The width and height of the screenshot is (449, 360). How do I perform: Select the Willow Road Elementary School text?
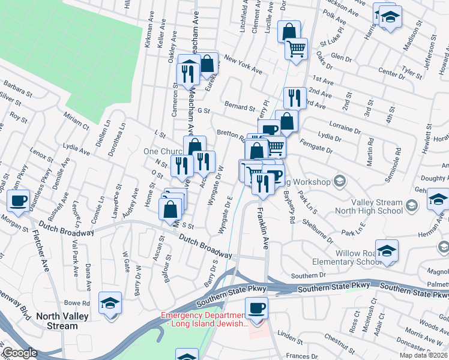(x=343, y=257)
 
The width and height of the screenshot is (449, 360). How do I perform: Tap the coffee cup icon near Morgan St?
(x=19, y=199)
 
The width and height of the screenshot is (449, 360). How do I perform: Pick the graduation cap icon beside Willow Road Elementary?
(x=387, y=251)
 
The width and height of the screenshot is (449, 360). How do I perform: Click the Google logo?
(x=20, y=353)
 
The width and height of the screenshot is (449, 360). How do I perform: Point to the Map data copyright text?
(x=424, y=355)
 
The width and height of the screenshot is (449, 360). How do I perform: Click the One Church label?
(x=162, y=152)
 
